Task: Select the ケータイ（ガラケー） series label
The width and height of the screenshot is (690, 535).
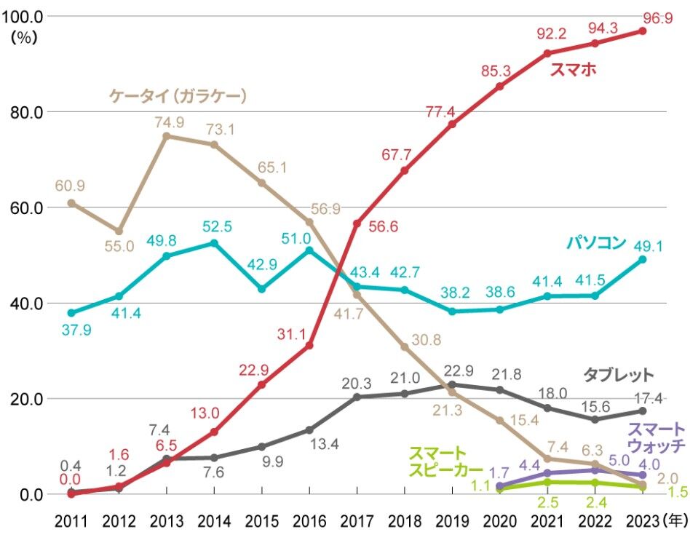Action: tap(178, 95)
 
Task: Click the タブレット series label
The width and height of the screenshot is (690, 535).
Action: tap(619, 375)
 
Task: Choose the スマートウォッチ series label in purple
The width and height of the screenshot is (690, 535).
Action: tap(656, 437)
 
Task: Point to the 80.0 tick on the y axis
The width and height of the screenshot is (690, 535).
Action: tap(25, 112)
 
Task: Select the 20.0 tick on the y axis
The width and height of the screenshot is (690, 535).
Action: tap(25, 399)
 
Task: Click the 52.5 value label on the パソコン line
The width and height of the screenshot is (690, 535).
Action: tap(218, 226)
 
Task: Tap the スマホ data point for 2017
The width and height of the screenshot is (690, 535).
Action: tap(357, 223)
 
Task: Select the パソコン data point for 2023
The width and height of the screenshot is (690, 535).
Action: tap(642, 259)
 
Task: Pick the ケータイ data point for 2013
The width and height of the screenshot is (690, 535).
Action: tap(166, 136)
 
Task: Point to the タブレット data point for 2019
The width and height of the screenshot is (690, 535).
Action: tap(452, 384)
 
